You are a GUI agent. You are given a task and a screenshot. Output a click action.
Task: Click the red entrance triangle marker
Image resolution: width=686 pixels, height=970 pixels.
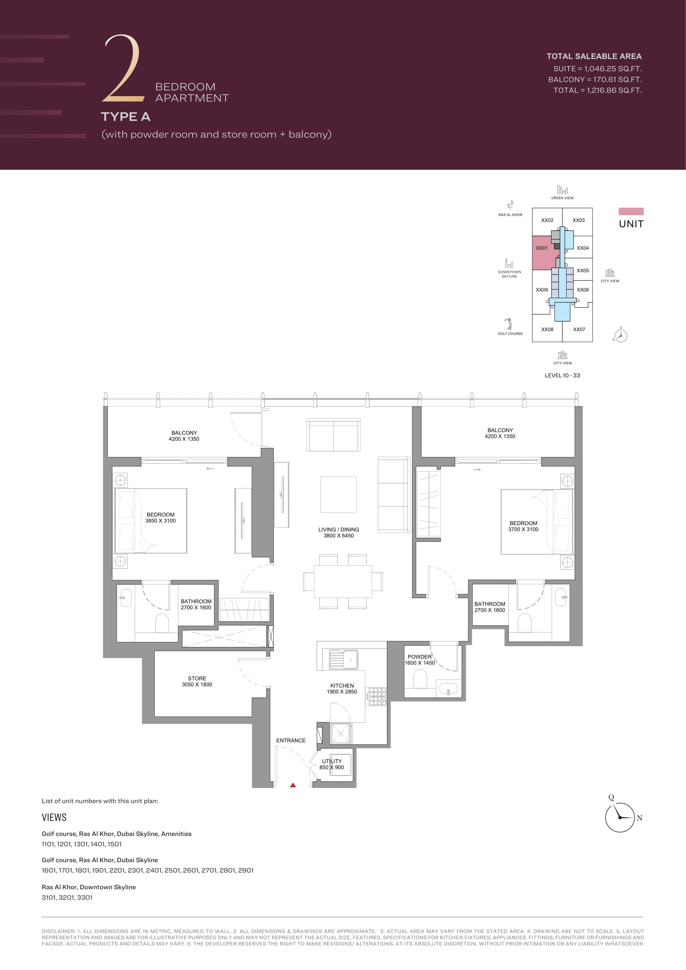(x=293, y=785)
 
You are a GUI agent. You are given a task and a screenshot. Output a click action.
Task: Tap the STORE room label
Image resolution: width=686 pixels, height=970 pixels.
(x=197, y=678)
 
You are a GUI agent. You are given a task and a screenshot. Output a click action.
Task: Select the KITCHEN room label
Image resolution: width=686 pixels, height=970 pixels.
(x=342, y=686)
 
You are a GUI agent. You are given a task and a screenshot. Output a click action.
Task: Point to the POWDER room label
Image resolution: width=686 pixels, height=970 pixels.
(x=419, y=657)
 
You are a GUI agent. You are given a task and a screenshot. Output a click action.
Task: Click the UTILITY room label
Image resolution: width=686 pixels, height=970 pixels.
(x=332, y=761)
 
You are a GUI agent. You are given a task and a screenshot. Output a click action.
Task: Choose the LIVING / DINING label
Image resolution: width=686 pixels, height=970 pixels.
(x=339, y=529)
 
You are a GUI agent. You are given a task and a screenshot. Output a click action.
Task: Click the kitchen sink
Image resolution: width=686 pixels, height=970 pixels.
(x=343, y=659)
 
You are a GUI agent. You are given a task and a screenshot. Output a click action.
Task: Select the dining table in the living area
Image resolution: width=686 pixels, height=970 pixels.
(x=343, y=581)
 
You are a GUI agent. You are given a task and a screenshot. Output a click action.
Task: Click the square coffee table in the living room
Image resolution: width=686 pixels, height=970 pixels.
(x=338, y=494)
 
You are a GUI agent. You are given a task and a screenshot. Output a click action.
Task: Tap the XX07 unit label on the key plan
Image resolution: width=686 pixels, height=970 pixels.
(x=579, y=330)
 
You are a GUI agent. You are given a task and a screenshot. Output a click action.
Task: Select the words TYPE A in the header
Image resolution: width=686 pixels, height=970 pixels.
(x=125, y=117)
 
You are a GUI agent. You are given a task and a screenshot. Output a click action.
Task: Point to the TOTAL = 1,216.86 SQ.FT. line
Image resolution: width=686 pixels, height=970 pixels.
(x=597, y=90)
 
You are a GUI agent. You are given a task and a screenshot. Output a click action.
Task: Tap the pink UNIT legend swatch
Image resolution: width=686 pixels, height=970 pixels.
(x=631, y=211)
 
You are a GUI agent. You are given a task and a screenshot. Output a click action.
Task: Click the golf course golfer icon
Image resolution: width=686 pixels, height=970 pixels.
(x=509, y=324)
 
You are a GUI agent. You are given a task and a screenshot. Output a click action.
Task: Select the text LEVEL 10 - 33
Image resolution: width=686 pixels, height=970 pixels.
(x=562, y=375)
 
